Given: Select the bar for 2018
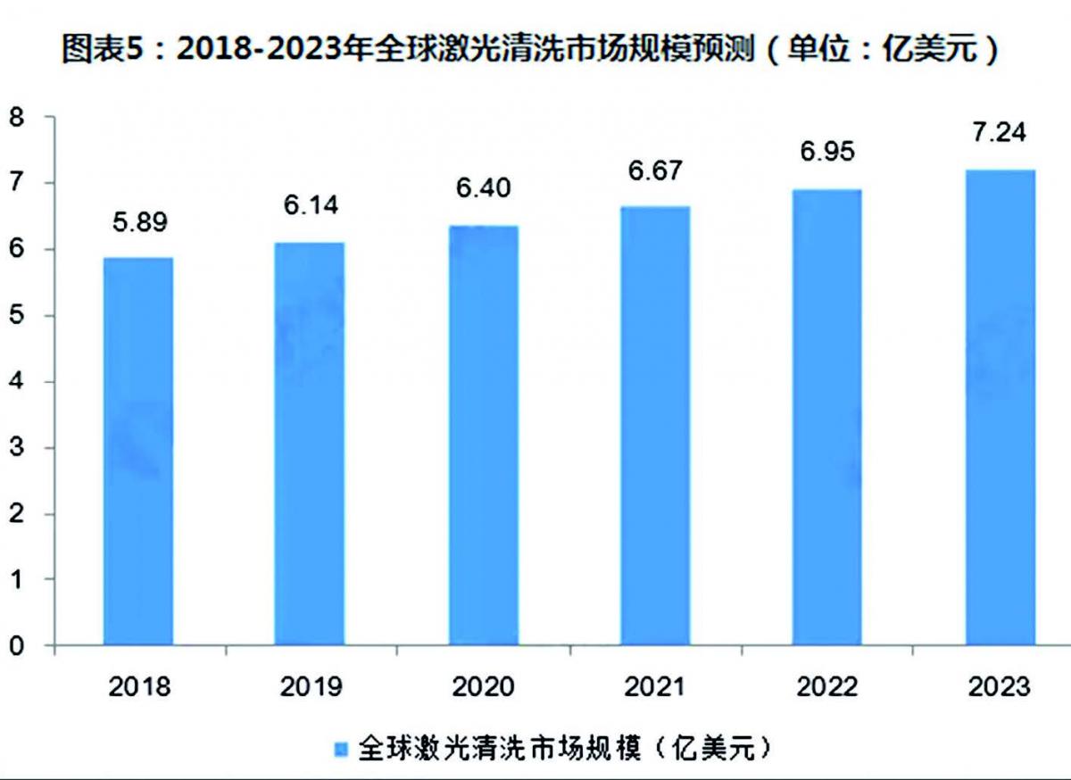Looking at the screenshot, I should [137, 451].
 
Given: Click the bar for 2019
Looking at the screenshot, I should [310, 444].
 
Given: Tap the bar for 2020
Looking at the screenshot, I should [483, 436].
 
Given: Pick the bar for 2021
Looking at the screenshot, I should [655, 426].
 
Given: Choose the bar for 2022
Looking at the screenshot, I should [827, 417].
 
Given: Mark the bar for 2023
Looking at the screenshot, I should [1000, 407].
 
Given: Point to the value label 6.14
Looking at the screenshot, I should [310, 206].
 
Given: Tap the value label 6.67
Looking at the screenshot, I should [655, 170].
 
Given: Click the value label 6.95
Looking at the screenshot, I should [827, 151].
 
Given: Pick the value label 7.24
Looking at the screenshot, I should [1000, 132].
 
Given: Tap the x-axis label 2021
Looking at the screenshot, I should [655, 687].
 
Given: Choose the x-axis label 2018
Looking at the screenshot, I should [137, 687].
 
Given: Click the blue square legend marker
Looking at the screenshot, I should [341, 748].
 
